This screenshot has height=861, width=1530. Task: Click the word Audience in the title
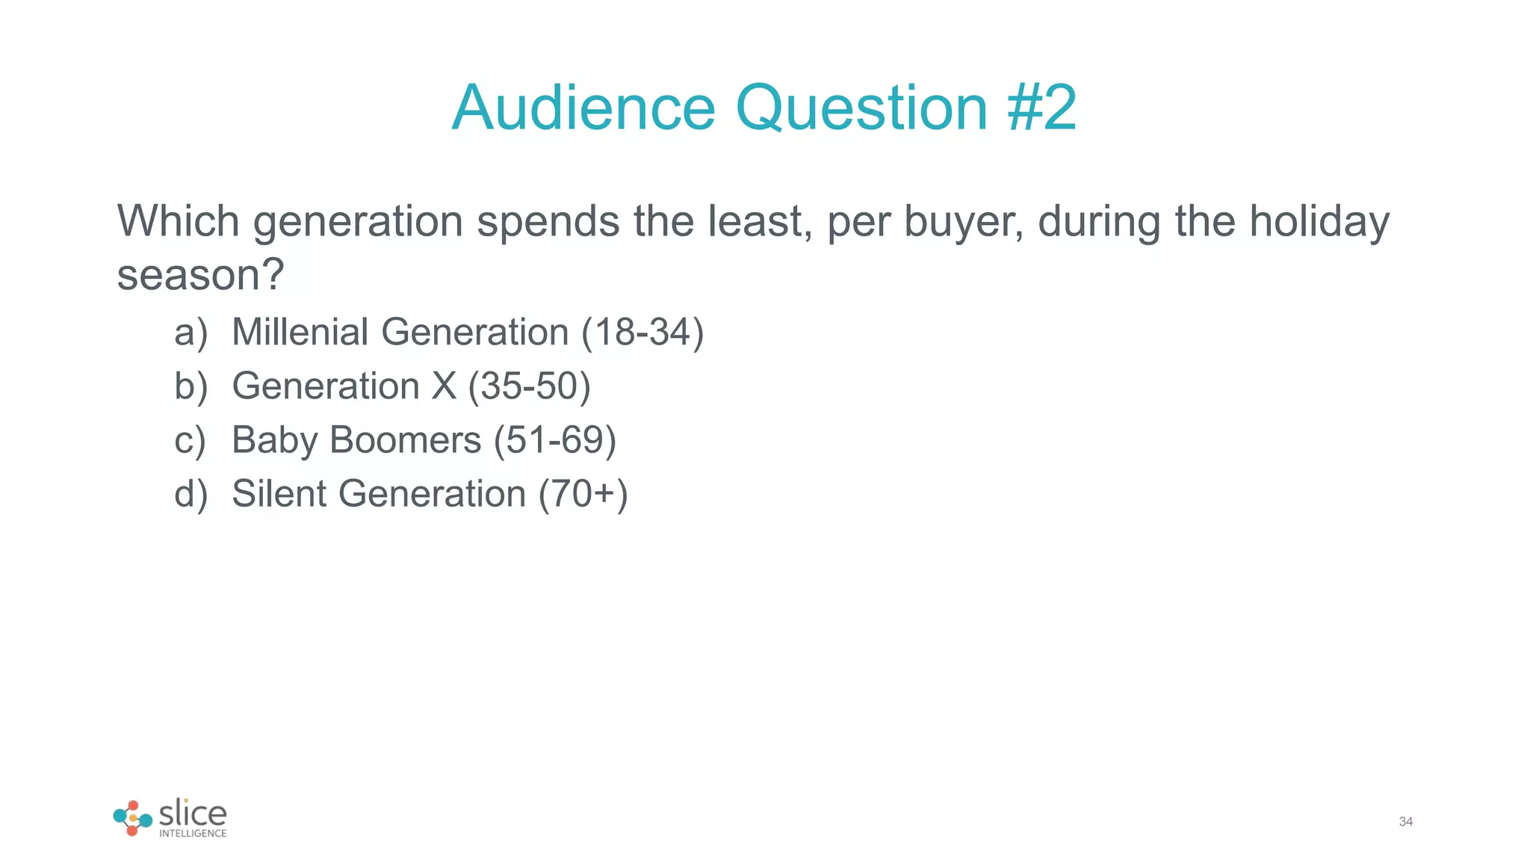click(x=583, y=108)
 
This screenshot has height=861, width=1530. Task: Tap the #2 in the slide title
click(x=1041, y=108)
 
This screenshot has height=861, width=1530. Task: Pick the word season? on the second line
click(x=201, y=275)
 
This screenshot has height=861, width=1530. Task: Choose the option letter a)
click(x=191, y=333)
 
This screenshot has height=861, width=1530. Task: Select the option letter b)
click(x=191, y=386)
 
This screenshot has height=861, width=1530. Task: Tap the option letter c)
click(x=190, y=440)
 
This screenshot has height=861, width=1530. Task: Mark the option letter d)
click(x=191, y=494)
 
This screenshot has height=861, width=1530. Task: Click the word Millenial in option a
click(x=300, y=332)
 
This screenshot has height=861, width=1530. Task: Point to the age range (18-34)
click(x=642, y=333)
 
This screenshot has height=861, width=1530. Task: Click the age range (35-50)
click(x=529, y=386)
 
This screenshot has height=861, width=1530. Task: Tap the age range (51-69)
click(x=554, y=440)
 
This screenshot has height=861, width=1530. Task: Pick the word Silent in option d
click(x=279, y=493)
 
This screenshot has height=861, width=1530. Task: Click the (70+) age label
click(x=583, y=494)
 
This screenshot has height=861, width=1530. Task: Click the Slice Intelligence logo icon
click(x=132, y=818)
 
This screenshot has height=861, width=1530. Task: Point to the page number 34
click(x=1405, y=821)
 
